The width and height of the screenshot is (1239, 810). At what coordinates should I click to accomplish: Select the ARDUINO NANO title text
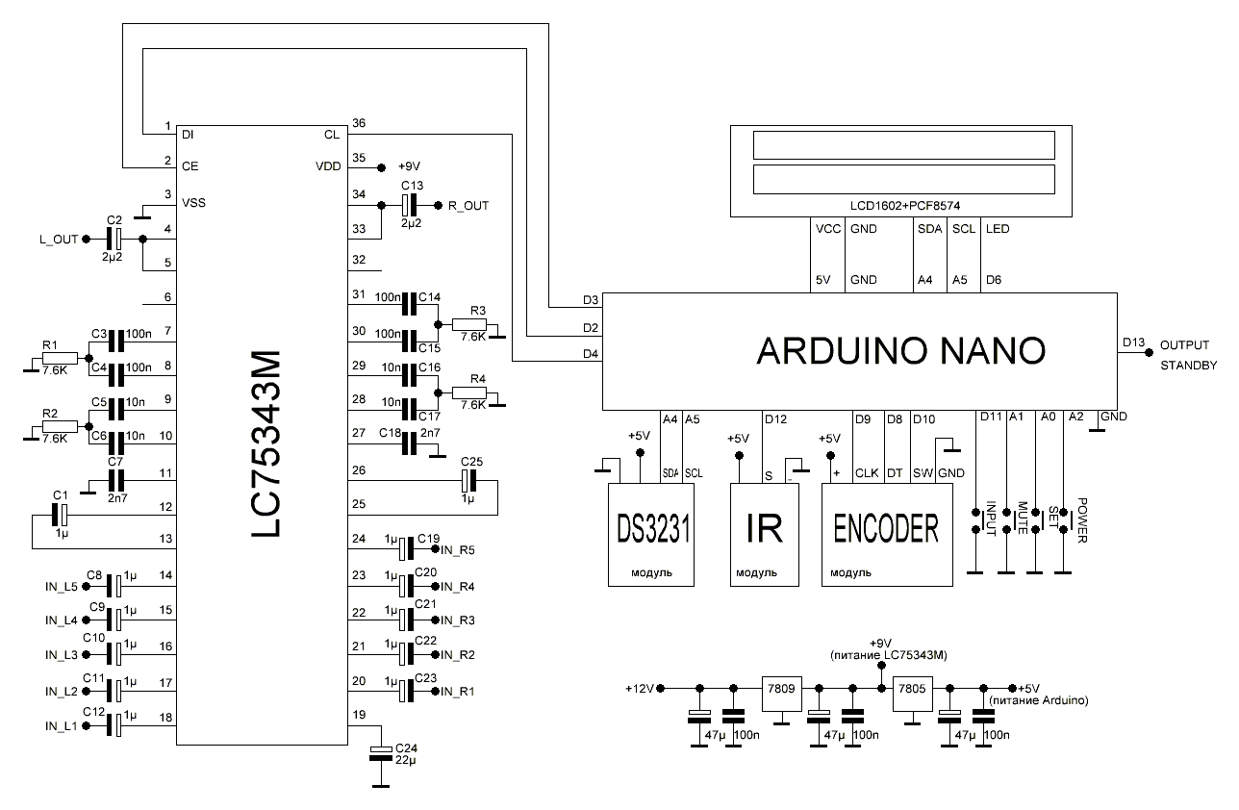click(900, 350)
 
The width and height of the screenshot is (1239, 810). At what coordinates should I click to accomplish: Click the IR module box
click(764, 531)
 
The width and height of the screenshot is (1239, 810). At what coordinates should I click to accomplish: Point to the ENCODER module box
click(886, 531)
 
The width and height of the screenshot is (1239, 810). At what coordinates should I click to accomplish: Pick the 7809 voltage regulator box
click(781, 689)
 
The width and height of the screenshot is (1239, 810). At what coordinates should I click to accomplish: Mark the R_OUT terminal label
click(468, 205)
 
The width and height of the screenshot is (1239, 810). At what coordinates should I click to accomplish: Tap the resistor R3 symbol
click(469, 325)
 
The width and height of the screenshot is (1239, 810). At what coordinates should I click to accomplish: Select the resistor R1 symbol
click(54, 358)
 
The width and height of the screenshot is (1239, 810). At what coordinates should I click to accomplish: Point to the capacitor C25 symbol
click(468, 479)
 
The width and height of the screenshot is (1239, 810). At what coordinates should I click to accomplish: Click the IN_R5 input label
click(458, 550)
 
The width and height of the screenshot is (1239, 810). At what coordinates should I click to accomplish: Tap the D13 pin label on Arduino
click(1133, 343)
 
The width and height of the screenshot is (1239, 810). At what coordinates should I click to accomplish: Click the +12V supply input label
click(639, 689)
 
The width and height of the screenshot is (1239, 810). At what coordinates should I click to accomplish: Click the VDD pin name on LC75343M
click(328, 166)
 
